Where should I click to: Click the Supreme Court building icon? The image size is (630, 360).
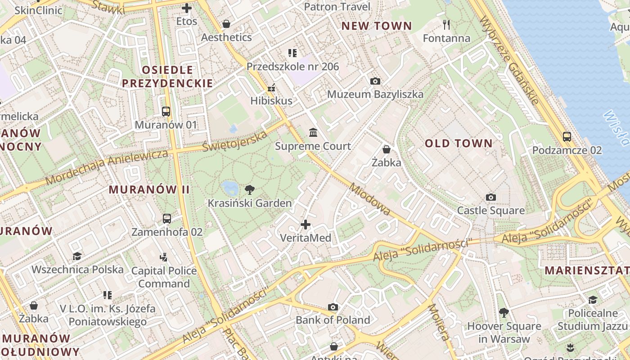point(313,132)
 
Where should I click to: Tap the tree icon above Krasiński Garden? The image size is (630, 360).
point(249,190)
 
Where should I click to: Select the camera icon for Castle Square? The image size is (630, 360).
point(491,197)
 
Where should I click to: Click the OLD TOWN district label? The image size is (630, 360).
point(459,144)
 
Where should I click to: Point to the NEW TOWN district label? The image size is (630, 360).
point(377,26)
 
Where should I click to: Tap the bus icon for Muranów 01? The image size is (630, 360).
point(166,111)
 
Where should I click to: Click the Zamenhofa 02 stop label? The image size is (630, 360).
point(167,232)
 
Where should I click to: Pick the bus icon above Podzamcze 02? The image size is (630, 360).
point(567,137)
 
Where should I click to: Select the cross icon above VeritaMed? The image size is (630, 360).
point(306,224)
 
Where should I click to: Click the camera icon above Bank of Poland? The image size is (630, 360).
point(333,307)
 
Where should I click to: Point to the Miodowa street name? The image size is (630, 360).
point(369,199)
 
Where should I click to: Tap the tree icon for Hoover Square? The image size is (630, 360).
point(504,312)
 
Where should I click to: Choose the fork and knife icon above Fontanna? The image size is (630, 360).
point(446,24)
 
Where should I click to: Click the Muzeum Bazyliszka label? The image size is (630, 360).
point(375,94)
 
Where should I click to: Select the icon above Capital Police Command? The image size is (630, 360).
point(164,257)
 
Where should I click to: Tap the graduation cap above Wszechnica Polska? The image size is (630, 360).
point(77,256)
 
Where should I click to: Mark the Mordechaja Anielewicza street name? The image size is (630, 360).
point(107,166)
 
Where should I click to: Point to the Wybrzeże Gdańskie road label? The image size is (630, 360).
point(509,60)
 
